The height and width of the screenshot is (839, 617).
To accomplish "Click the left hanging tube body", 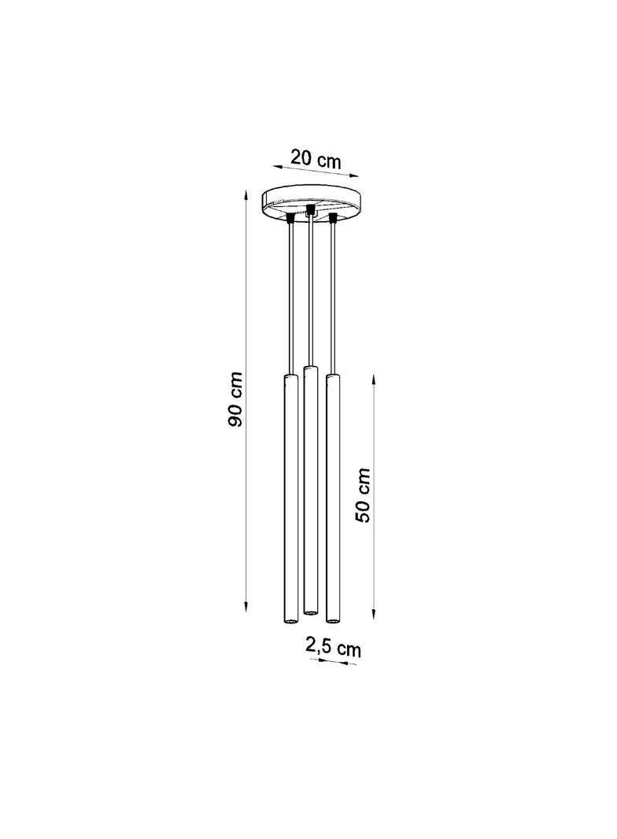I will pyautogui.click(x=289, y=496).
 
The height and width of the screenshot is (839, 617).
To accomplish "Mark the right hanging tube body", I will pyautogui.click(x=332, y=496).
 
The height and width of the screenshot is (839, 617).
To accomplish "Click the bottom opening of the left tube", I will pyautogui.click(x=289, y=621).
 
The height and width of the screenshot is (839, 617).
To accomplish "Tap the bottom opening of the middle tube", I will pyautogui.click(x=310, y=612).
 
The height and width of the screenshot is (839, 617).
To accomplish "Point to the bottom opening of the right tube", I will pyautogui.click(x=332, y=621).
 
